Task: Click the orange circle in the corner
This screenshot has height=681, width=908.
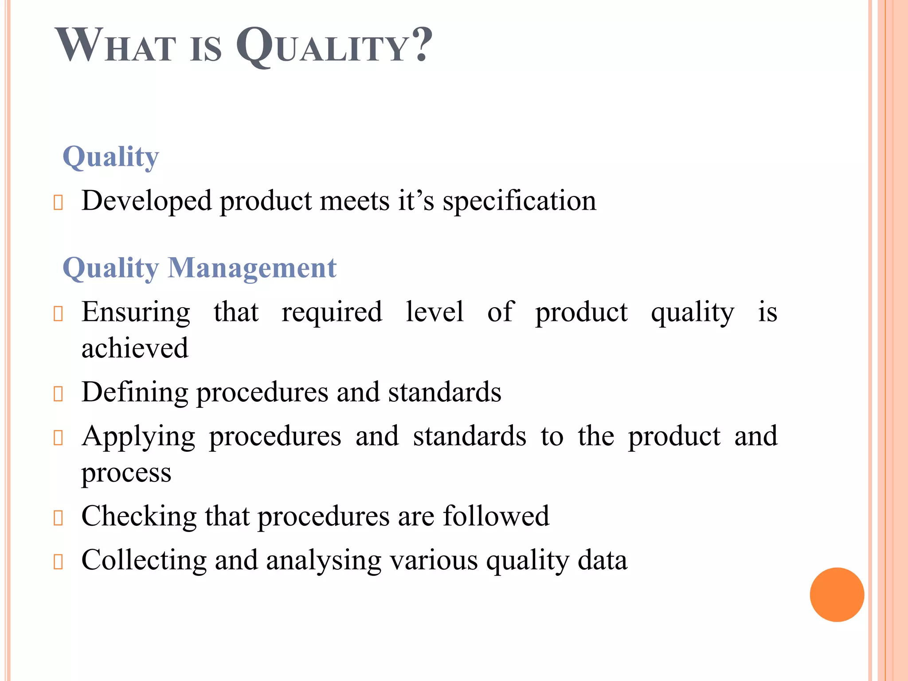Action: (837, 595)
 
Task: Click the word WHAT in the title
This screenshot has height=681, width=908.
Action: (116, 46)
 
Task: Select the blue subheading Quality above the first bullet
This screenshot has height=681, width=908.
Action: (111, 157)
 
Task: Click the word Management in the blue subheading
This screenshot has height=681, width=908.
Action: (252, 268)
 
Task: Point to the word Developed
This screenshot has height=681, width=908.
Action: (146, 201)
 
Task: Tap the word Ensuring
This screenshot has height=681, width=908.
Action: (136, 312)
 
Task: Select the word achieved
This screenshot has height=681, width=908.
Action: (135, 348)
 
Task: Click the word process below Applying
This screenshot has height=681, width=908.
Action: (126, 473)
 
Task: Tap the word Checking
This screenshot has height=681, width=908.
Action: (139, 516)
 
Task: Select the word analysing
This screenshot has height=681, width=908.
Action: (324, 560)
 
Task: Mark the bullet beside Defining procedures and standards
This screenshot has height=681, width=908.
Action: (58, 394)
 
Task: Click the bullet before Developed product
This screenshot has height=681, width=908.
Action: (58, 203)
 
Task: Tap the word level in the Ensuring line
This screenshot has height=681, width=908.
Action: (434, 312)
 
